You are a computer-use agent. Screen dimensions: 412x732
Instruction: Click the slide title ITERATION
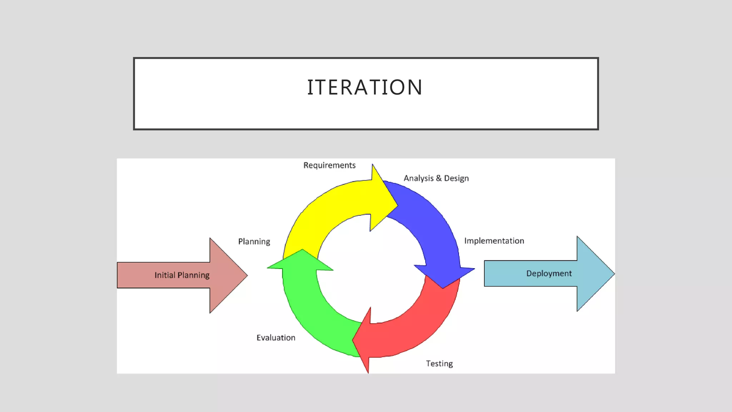(365, 87)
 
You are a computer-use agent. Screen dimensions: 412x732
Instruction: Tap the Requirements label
(329, 165)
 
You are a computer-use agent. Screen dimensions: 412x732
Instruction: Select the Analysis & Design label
(436, 178)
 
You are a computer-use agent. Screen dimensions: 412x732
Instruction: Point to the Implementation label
(494, 241)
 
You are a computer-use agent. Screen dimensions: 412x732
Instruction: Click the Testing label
(439, 364)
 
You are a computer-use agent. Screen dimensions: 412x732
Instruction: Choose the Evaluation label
(276, 338)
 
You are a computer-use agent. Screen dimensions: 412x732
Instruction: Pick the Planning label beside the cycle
(254, 242)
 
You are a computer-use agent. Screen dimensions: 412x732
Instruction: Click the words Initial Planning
(182, 275)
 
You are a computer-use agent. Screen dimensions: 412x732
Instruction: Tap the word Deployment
(549, 274)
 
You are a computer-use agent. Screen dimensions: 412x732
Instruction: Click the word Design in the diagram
(456, 178)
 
